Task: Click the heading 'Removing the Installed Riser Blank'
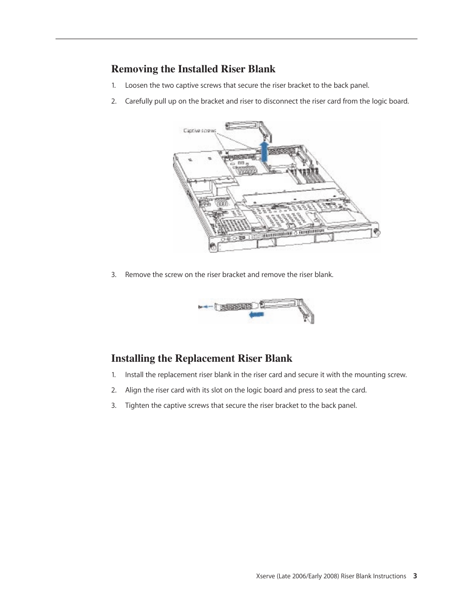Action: [193, 69]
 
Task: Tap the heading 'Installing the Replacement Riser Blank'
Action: [202, 358]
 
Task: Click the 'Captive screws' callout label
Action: [200, 131]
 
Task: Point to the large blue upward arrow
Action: [264, 152]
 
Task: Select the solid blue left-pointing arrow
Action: [257, 314]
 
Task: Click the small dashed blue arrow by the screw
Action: [208, 306]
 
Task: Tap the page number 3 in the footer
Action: [415, 576]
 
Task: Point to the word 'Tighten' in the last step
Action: [137, 405]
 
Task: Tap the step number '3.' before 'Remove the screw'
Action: [114, 275]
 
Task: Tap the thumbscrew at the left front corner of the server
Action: [213, 247]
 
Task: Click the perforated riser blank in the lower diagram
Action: [236, 307]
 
